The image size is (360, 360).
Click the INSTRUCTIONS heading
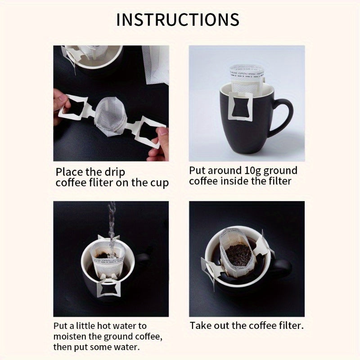click(x=178, y=20)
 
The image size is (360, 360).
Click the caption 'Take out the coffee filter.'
click(x=247, y=326)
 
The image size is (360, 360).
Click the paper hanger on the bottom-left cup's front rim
click(x=111, y=289)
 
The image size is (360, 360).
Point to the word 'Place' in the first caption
click(x=68, y=172)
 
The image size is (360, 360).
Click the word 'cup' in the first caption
click(x=159, y=183)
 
